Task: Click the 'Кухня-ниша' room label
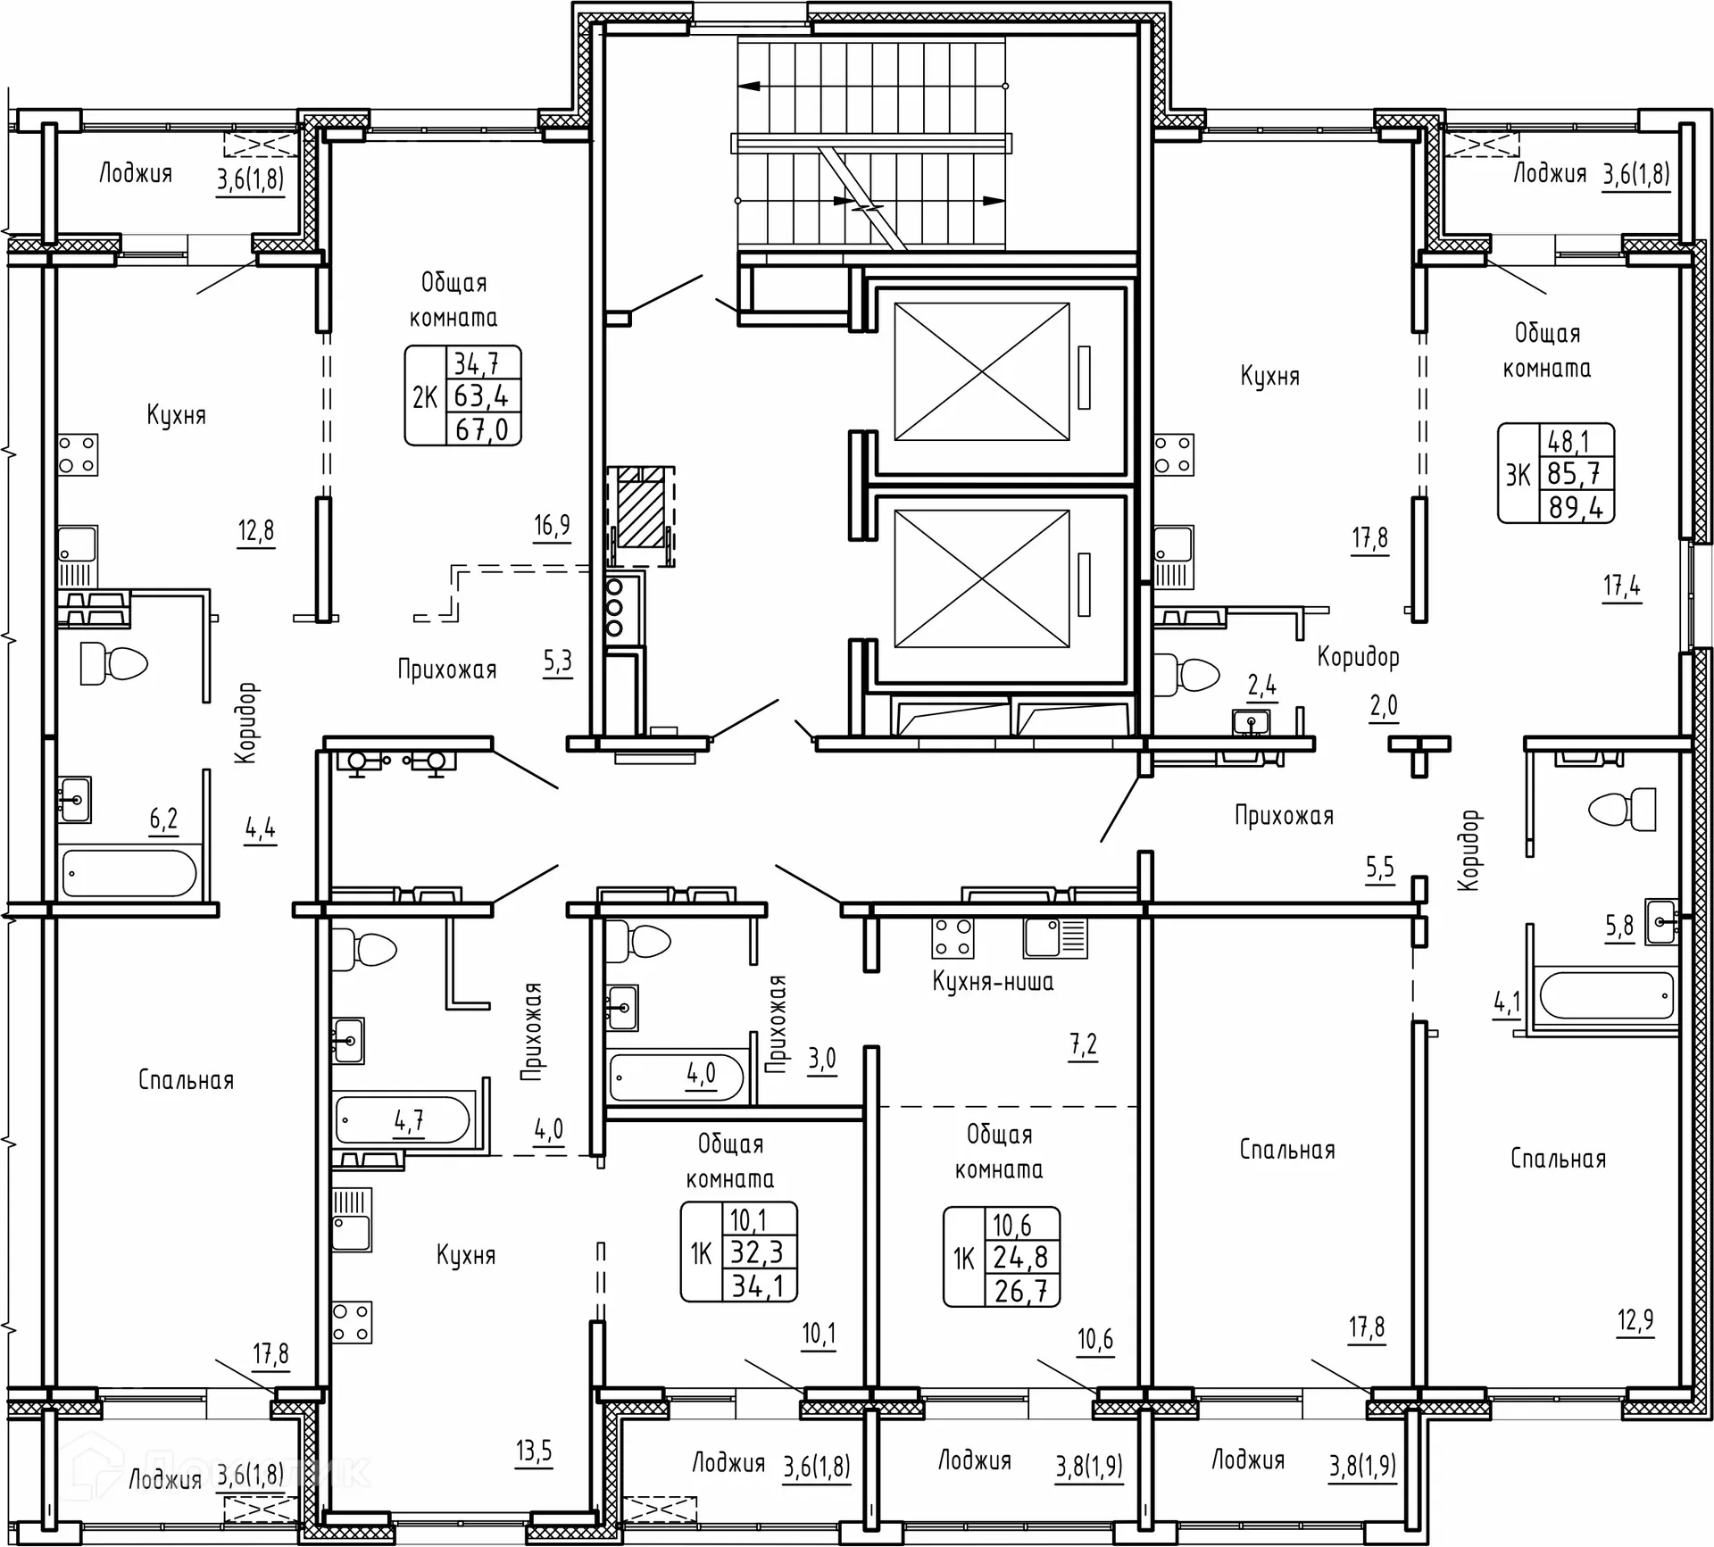993,982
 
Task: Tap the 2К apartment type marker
425,396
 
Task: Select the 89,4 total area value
1577,507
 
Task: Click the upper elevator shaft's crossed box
982,371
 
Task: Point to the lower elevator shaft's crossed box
982,578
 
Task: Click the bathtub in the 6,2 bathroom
129,872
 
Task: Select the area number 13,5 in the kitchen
533,1451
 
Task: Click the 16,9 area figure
552,525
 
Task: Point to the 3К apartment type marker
1518,475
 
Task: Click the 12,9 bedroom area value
1635,1319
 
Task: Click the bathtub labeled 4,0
676,1077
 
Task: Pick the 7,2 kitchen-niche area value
1083,1044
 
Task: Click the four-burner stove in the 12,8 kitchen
79,455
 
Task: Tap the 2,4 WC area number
1261,686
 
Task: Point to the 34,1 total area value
757,1285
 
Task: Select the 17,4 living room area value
1621,586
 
